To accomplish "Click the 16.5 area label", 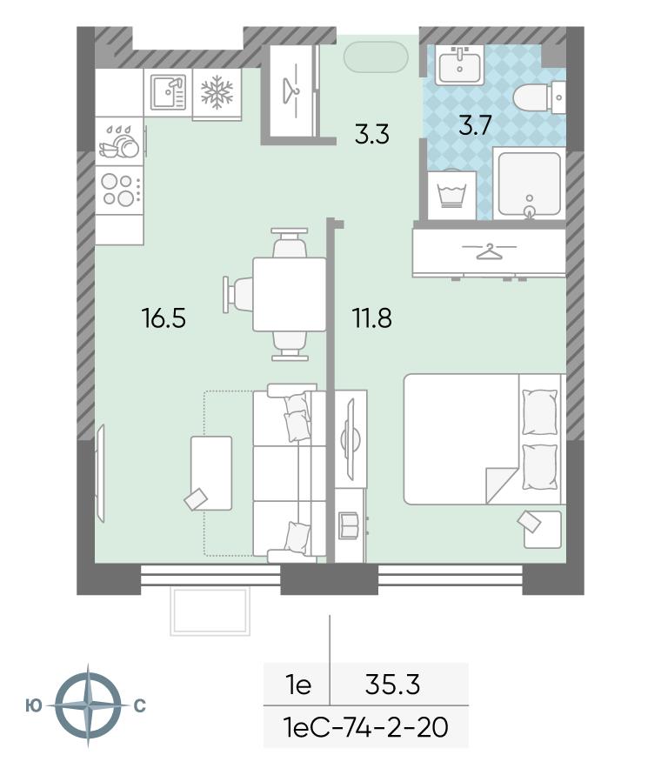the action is pos(164,317).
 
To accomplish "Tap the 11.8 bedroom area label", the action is pos(371,317).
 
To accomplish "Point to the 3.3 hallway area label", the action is pos(371,134).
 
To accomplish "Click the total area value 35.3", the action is pos(392,685).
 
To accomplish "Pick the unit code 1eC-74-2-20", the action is pos(366,727).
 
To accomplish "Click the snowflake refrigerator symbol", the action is pos(217,92).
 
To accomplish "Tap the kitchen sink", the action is pos(168,92).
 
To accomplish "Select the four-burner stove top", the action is pos(119,190).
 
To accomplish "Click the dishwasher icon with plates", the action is pos(119,142).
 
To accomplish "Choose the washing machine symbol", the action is pos(452,195).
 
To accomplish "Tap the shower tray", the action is pos(529,184).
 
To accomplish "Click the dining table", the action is pos(290,294).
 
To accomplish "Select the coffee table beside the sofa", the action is pos(211,473).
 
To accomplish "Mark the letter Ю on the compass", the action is pos(34,705).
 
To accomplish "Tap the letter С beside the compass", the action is pos(140,705).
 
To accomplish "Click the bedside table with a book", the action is pos(543,530).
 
